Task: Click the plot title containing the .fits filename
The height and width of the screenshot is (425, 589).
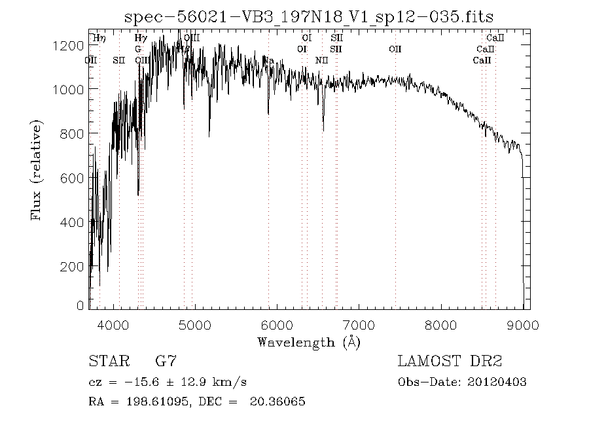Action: (308, 16)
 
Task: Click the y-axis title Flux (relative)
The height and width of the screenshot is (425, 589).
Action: (37, 169)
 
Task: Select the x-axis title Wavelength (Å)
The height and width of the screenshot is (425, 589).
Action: (309, 342)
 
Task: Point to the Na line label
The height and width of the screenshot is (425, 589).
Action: (268, 60)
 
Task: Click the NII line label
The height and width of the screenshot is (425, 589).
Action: (321, 60)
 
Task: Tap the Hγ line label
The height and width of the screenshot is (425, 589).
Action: (140, 39)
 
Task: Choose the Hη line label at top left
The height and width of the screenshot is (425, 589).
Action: (99, 39)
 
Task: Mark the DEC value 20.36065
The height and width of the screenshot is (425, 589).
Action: (277, 401)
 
